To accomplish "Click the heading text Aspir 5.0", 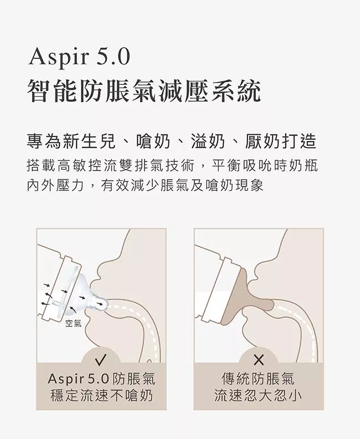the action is [80, 58].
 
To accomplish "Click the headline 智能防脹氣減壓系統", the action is [144, 90].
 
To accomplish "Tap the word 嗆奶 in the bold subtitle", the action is [153, 141].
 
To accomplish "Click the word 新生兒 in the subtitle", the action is [89, 141].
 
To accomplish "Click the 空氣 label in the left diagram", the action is [74, 324].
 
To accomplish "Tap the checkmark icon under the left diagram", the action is [101, 360].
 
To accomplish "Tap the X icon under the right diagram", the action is [259, 360].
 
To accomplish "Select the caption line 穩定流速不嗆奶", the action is [102, 396].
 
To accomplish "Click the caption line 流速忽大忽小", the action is [258, 396].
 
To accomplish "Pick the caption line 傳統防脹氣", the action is [258, 379].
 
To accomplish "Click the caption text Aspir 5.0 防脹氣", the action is [101, 379].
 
